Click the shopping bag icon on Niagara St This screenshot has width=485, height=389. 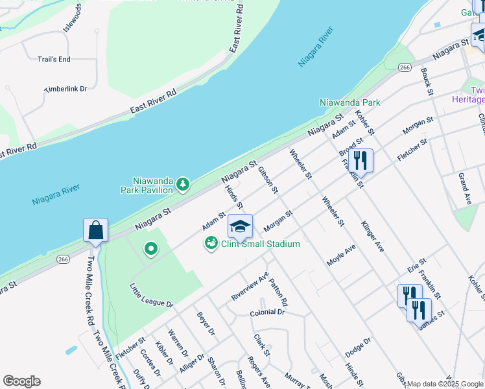pyautogui.click(x=95, y=231)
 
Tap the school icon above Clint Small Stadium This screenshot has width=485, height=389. pyautogui.click(x=240, y=227)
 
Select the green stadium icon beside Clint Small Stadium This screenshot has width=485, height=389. pyautogui.click(x=211, y=244)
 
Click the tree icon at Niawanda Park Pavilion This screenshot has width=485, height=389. pyautogui.click(x=183, y=185)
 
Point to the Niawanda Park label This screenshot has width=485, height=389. pyautogui.click(x=349, y=102)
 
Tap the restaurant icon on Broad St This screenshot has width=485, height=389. pyautogui.click(x=361, y=161)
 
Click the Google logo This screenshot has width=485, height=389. pyautogui.click(x=21, y=381)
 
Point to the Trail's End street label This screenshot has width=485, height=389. pyautogui.click(x=54, y=60)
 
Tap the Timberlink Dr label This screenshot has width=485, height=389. pyautogui.click(x=65, y=88)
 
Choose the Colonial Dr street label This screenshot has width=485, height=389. pyautogui.click(x=267, y=312)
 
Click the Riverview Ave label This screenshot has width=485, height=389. pyautogui.click(x=250, y=286)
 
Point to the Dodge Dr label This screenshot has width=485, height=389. pyautogui.click(x=357, y=345)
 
